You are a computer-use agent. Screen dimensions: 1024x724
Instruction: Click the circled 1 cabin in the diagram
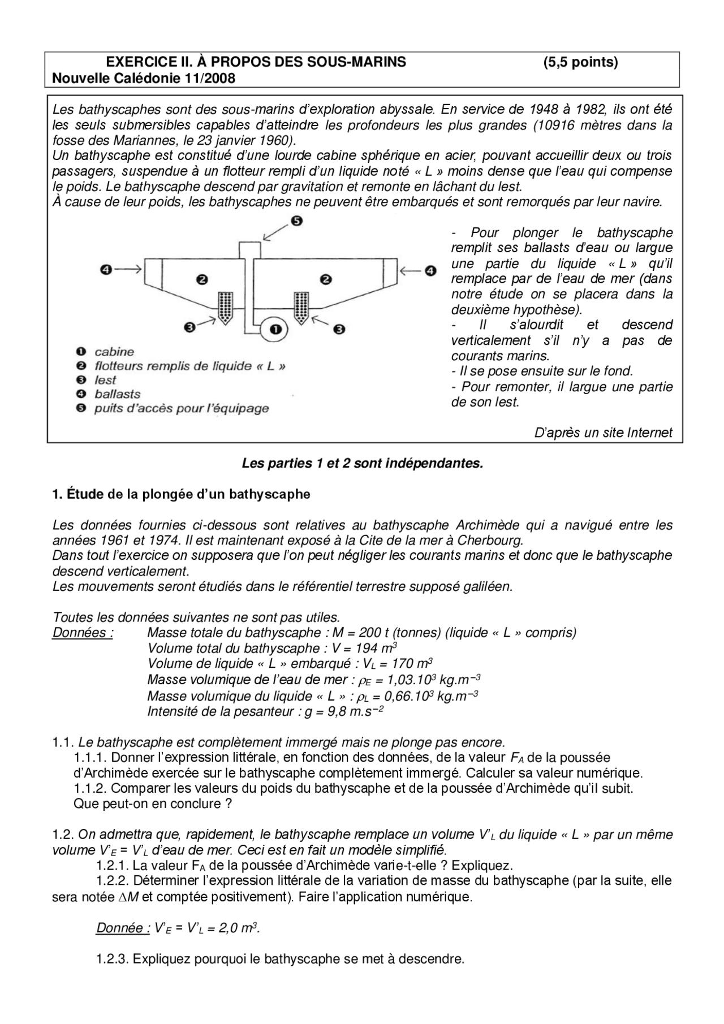tap(275, 329)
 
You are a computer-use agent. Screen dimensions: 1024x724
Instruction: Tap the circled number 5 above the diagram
tap(297, 222)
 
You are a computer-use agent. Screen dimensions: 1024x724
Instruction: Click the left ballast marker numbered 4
tap(106, 270)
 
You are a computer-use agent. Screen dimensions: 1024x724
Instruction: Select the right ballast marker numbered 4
tap(431, 271)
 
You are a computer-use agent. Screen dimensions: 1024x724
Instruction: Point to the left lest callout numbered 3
tap(190, 327)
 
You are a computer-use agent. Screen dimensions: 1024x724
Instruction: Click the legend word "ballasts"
tap(118, 394)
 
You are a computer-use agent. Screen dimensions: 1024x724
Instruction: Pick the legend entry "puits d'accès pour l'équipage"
tap(182, 408)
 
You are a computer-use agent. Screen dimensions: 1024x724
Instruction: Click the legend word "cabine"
tap(114, 352)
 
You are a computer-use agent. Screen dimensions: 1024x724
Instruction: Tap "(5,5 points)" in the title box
tap(580, 62)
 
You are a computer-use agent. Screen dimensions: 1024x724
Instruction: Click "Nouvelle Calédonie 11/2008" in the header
tap(143, 78)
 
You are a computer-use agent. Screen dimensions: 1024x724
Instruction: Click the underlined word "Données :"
tap(83, 633)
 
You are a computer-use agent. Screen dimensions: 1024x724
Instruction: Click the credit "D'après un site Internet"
tap(603, 433)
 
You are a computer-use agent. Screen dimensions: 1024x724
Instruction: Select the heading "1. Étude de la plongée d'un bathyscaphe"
tap(181, 494)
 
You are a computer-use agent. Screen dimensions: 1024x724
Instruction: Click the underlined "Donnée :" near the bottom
tap(123, 928)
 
